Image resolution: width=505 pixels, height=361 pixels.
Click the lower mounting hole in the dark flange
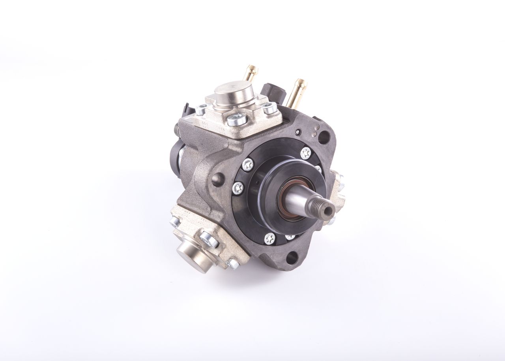pos(292,258)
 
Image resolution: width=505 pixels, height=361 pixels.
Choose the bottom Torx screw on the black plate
pos(270,238)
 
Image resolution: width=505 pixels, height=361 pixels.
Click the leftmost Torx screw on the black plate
pos(238,188)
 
